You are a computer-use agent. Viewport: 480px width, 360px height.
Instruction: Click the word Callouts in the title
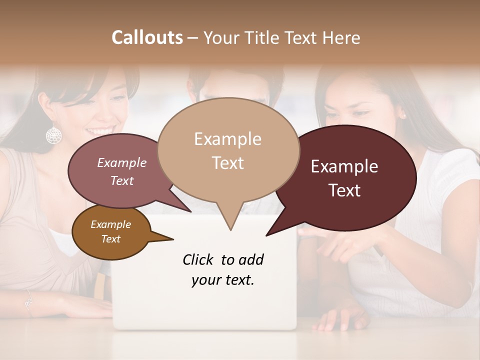coord(147,37)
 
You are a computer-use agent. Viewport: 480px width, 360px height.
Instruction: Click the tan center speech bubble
coord(228,150)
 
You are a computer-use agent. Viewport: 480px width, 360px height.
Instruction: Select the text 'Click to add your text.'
coord(223,270)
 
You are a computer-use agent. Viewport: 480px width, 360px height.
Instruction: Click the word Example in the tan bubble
coord(227,139)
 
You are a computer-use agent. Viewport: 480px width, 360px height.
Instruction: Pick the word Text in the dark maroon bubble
coord(345,190)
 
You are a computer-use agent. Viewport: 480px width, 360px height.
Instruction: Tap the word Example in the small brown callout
coord(110,224)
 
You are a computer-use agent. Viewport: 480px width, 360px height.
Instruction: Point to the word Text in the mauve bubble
coord(122,181)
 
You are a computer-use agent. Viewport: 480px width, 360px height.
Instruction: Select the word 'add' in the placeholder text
coord(251,260)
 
